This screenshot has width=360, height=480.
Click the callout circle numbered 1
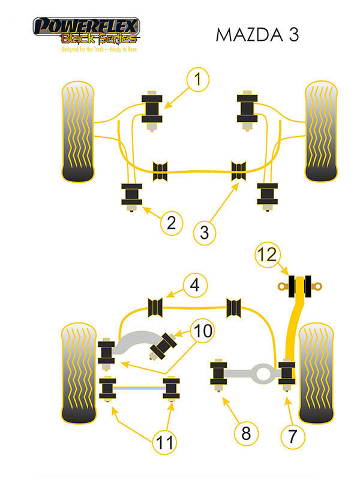198,80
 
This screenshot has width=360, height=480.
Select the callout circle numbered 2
172,223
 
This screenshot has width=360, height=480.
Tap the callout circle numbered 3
205,233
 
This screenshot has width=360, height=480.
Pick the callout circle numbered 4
196,285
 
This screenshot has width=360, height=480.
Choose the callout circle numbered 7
293,437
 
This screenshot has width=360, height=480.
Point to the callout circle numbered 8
247,433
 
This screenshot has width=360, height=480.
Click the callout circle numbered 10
203,331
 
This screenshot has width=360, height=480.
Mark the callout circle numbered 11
164,442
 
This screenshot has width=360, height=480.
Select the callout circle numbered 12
267,254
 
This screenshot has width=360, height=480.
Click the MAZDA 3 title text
257,35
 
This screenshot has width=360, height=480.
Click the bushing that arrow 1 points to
152,109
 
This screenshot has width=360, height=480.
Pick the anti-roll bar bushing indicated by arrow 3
238,171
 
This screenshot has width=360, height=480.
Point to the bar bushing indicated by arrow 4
155,307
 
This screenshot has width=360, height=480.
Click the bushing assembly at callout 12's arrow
299,287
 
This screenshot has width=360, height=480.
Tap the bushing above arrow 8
218,374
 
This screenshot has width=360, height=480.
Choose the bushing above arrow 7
287,374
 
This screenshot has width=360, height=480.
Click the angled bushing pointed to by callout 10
163,346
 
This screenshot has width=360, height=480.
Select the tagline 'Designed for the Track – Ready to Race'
99,49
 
